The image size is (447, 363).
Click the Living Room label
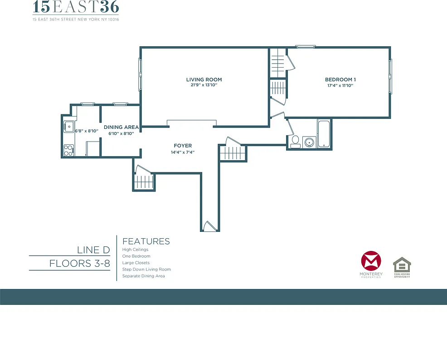point(204,80)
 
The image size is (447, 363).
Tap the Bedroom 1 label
point(340,80)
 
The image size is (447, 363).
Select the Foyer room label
point(183,146)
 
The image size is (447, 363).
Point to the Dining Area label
point(121,128)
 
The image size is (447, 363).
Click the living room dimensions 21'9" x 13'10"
point(204,85)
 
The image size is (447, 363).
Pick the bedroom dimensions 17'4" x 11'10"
point(340,85)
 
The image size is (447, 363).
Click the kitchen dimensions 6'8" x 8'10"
point(87,131)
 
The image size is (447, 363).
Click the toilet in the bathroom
point(295,142)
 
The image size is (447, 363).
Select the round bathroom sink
point(309,142)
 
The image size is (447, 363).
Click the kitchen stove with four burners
point(68,150)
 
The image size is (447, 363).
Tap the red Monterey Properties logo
point(371,263)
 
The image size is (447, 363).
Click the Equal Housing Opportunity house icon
point(402,265)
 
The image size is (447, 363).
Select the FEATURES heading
point(146,241)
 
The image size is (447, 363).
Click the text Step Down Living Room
point(146,270)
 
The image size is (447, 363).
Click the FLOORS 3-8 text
point(80,264)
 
